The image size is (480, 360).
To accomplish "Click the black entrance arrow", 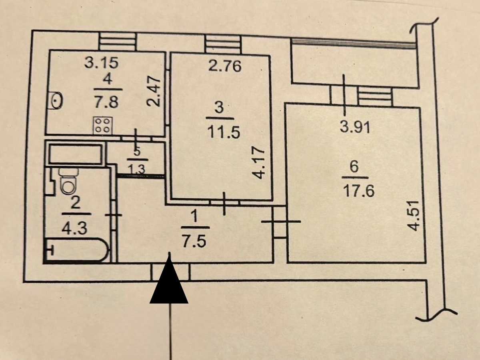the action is pos(169,282).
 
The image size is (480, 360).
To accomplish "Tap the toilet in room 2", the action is pos(69,181).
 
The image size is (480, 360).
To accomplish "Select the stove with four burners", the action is pos(103,126).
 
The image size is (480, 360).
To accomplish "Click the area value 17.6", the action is pos(359,191).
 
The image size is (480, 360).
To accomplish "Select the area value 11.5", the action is pos(224,132).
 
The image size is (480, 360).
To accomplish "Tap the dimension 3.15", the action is pos(102,63).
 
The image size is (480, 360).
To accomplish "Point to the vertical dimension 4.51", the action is pos(414,216).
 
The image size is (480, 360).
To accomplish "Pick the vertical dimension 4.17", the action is pos(258,163).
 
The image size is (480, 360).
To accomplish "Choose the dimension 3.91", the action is pos(355,127).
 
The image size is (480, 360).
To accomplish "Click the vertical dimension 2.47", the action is pos(154,91).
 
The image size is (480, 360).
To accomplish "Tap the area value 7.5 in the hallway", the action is pos(195,242).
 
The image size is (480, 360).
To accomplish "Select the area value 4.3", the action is pos(74,228).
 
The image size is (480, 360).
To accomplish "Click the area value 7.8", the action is pos(106,102).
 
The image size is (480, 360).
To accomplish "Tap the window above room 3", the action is pos(223,44).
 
